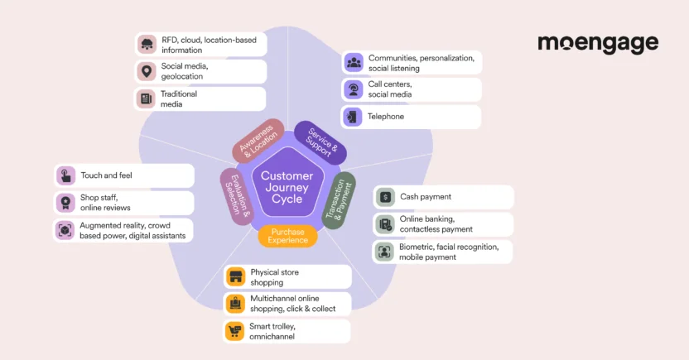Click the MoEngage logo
point(597,44)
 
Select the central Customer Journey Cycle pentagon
point(287,187)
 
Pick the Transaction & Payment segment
point(338,199)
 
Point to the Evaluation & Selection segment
point(237,197)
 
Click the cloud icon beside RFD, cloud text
point(147,45)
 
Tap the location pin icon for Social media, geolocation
point(147,72)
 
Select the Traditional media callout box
point(201,99)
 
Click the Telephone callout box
point(411,117)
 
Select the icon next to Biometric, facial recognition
point(384,252)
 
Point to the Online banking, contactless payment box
point(443,224)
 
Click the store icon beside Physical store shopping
point(235,277)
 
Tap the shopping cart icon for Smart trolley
point(235,332)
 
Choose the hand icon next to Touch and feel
point(65,175)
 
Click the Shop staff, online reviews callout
point(124,203)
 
